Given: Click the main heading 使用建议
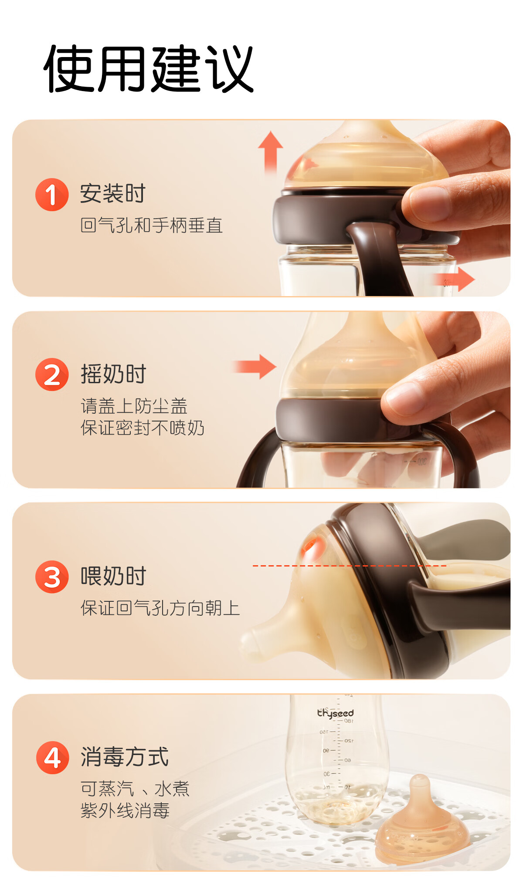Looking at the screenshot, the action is [x=149, y=69].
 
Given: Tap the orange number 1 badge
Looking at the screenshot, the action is [x=52, y=195].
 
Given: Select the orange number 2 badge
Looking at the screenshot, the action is [x=52, y=374].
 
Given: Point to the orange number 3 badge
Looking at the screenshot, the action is [x=52, y=577].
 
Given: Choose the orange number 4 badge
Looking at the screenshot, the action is [x=52, y=758].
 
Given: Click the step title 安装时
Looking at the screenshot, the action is [x=113, y=194].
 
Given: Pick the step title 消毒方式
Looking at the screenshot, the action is [x=125, y=757].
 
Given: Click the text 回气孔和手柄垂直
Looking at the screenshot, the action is [x=152, y=226].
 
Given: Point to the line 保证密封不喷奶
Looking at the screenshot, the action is [x=143, y=428].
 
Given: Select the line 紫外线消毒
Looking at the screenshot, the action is [x=125, y=811].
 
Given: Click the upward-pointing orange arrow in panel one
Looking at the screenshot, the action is [x=271, y=152].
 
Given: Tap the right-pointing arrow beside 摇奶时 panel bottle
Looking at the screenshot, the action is [x=255, y=367].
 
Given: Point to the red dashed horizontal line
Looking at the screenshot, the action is [x=350, y=566].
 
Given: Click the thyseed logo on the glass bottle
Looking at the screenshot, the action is [x=335, y=713].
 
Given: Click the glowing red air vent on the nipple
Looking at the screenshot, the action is [x=310, y=545].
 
